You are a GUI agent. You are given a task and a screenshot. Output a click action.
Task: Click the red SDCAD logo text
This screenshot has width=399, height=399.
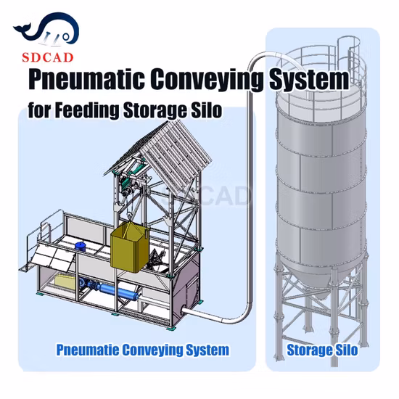48,57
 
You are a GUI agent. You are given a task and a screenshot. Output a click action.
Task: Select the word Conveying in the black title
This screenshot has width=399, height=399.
207,79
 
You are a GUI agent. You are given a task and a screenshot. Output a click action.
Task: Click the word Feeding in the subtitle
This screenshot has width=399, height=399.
87,110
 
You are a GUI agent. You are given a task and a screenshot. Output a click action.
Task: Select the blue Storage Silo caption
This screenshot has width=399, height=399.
322,350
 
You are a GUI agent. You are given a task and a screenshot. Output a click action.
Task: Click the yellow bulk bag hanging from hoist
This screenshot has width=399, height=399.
129,247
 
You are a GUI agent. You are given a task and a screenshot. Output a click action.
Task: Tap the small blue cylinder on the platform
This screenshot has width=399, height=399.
81,247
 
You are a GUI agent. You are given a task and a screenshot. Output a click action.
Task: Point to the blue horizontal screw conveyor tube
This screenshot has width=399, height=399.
120,292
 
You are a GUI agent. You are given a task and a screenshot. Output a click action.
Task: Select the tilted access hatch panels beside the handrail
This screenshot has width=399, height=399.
54,257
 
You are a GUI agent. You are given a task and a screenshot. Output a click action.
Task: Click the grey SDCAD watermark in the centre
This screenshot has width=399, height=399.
207,195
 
